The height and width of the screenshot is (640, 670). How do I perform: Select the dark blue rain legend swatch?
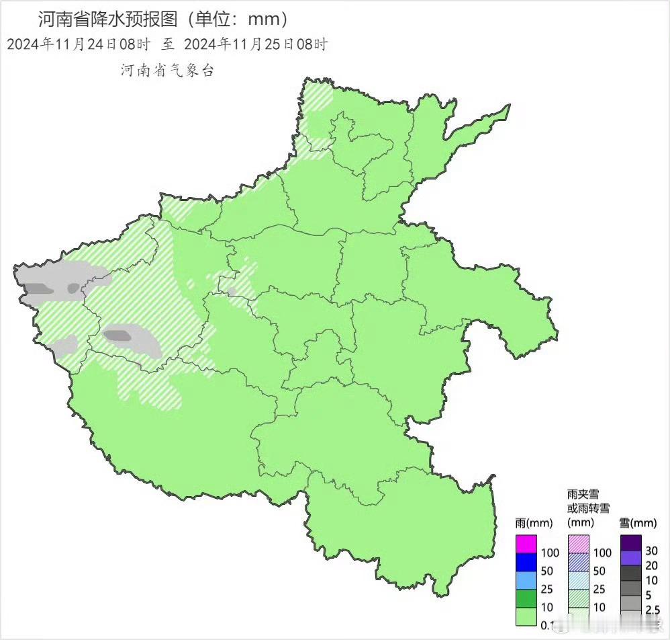click(x=527, y=562)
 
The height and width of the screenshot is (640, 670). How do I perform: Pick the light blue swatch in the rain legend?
click(x=527, y=580)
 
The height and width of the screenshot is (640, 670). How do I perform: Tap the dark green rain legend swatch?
click(x=527, y=598)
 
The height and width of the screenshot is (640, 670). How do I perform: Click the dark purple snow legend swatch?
click(x=631, y=543)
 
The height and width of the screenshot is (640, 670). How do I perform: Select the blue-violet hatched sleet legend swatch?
click(x=579, y=562)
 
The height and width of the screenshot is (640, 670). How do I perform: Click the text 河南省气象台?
click(x=167, y=71)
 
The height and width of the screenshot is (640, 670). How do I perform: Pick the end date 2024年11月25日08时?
click(x=256, y=44)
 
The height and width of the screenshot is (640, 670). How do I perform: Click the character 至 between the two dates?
click(x=167, y=44)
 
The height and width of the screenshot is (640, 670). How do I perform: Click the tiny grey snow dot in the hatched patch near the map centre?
click(x=232, y=292)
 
